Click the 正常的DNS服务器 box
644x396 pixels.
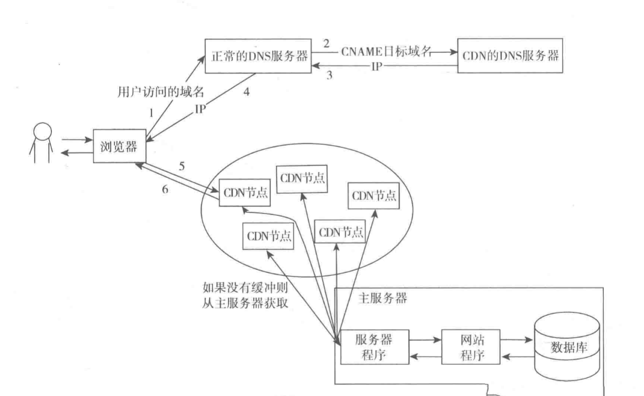257,56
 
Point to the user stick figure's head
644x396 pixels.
42,132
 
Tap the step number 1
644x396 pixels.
151,113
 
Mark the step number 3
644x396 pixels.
329,76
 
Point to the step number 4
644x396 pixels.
247,92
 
